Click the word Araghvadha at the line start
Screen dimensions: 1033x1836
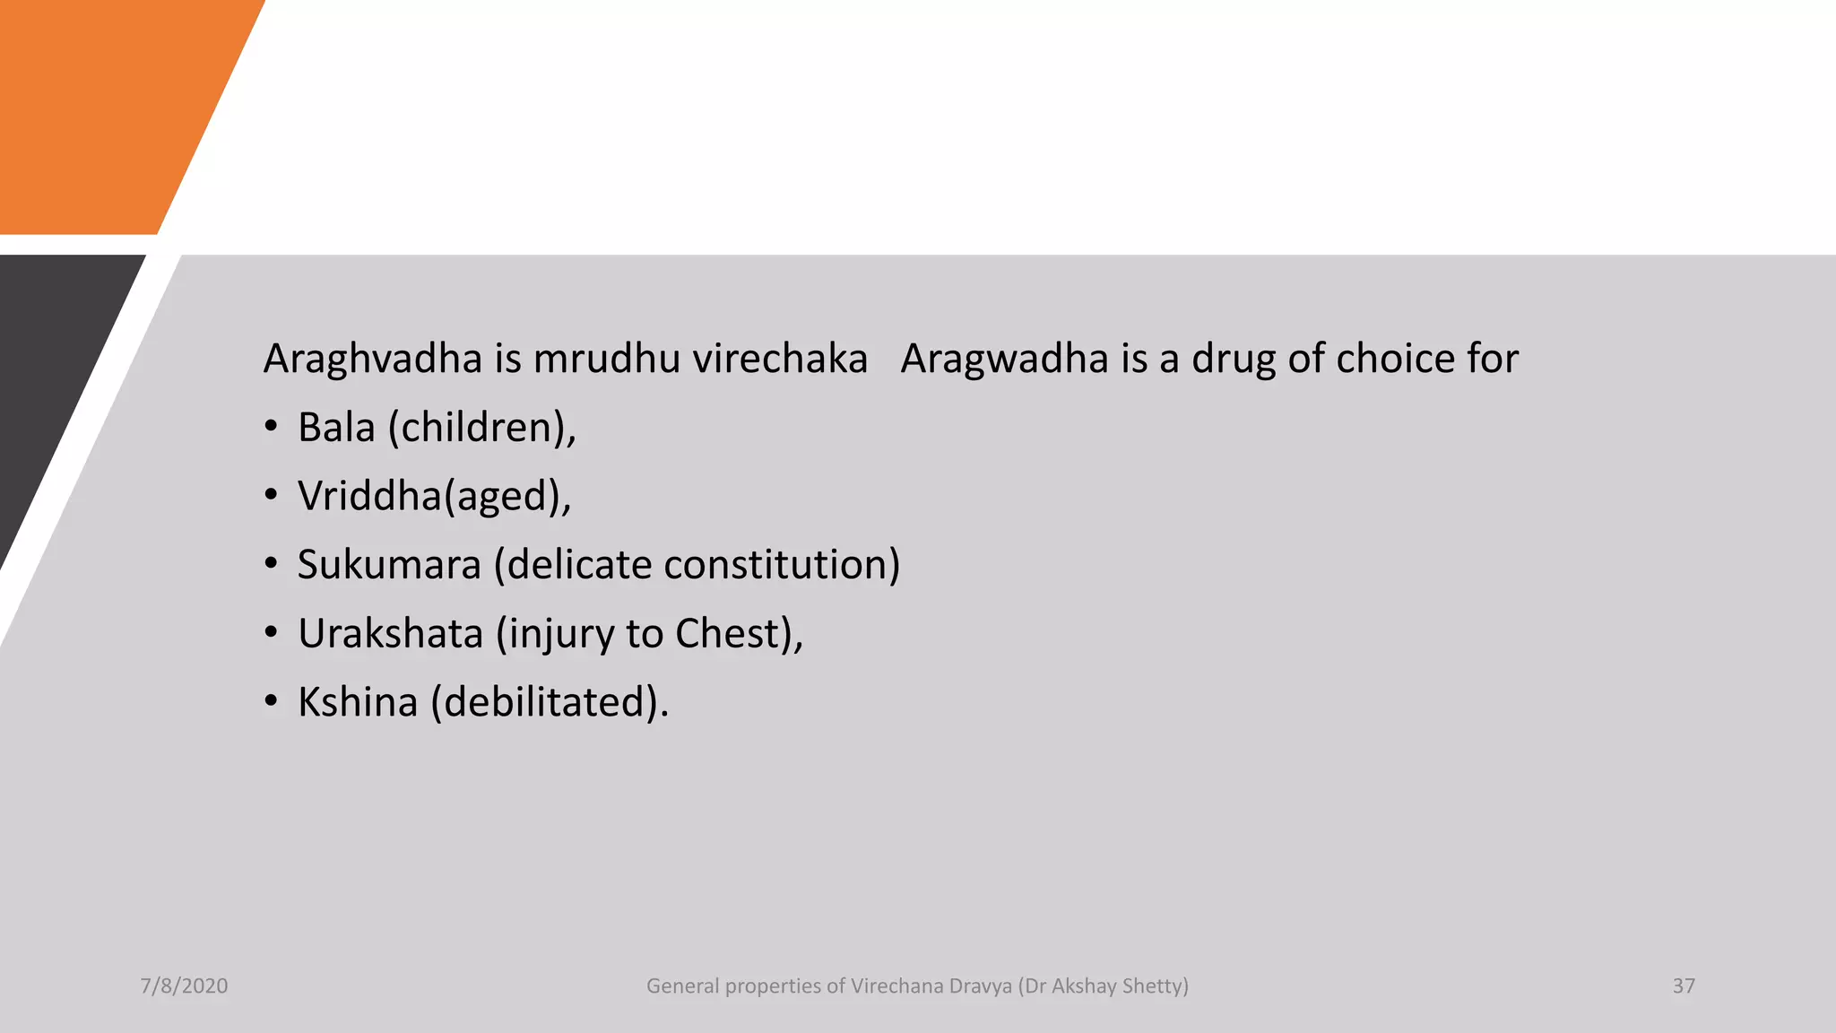373,360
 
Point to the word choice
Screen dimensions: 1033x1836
1395,360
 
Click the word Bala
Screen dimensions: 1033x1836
336,428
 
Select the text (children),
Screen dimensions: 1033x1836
482,428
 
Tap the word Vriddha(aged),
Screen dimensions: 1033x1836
434,497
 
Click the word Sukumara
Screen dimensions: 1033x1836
389,565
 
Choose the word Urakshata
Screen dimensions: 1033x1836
391,634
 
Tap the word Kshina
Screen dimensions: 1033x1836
358,702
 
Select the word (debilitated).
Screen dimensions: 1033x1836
550,702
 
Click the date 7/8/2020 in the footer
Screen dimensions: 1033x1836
184,986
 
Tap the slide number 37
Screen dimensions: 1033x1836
1684,986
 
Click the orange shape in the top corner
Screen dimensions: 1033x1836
108,108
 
